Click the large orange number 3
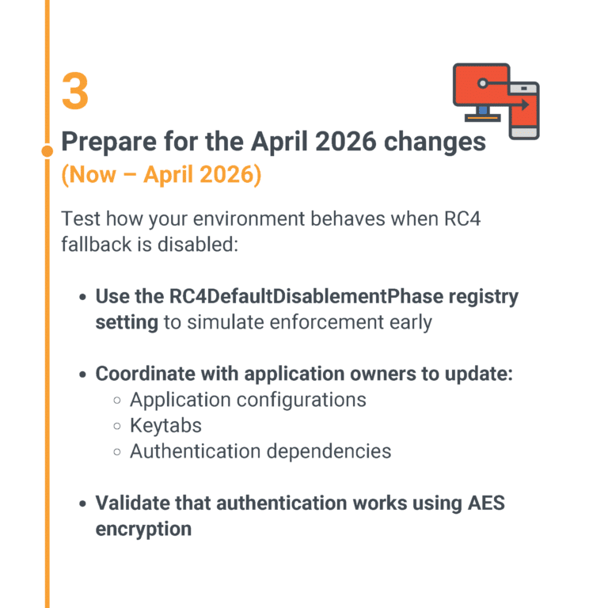click(75, 91)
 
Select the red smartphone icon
click(524, 111)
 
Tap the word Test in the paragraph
click(80, 218)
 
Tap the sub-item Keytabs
click(165, 425)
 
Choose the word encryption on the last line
click(143, 528)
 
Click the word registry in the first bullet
click(484, 297)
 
